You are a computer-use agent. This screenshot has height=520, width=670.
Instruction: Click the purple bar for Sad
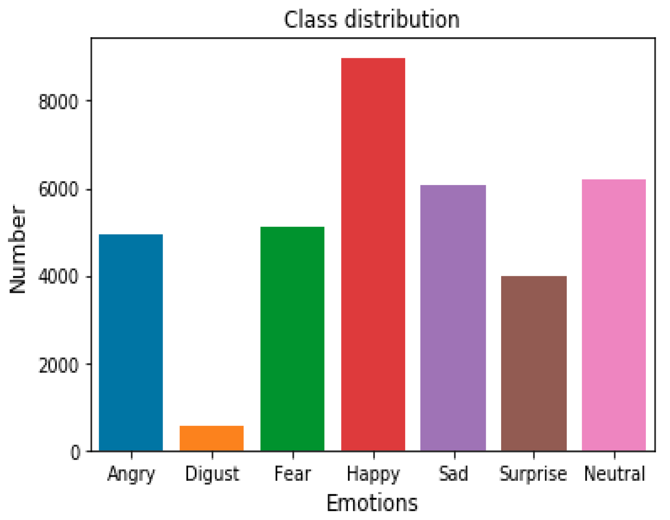[453, 318]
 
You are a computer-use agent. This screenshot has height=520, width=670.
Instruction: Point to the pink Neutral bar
[614, 315]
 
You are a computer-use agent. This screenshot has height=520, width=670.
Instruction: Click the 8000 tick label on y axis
[58, 102]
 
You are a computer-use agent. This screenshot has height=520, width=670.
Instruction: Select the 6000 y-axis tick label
[58, 189]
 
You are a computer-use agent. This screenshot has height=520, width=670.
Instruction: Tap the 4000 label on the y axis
[58, 277]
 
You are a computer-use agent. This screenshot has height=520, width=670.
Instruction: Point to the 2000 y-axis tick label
[58, 365]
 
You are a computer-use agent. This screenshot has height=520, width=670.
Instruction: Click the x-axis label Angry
[131, 474]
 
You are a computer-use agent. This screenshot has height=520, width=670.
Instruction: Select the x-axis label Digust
[212, 474]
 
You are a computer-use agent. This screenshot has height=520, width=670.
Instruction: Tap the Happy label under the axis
[373, 474]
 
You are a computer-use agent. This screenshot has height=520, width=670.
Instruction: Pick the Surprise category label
[533, 474]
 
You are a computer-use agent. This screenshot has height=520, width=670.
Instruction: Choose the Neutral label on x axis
[614, 474]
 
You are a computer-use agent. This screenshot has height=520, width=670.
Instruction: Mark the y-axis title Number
[17, 249]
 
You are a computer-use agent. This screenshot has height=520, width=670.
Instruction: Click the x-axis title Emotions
[372, 503]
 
